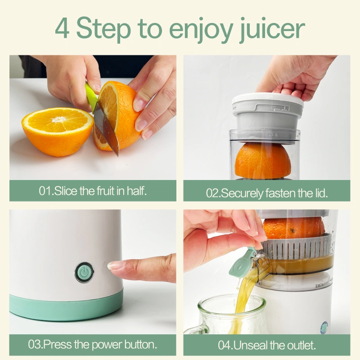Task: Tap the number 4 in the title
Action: point(63,28)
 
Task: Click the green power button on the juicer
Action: point(84,272)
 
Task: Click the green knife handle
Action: point(91,96)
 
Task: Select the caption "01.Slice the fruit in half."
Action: point(93,191)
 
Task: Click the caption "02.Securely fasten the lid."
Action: point(266,193)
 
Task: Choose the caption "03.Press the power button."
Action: point(93,345)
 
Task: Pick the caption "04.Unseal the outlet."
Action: point(266,345)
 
